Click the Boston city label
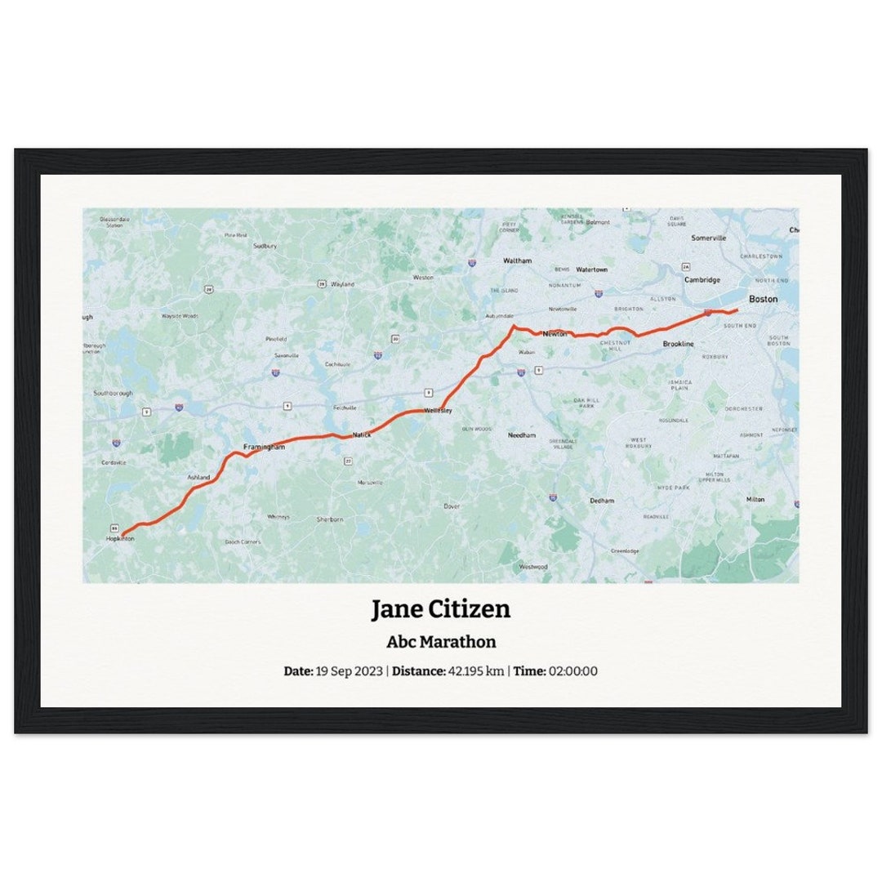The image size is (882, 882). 763,300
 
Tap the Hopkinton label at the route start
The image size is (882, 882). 120,539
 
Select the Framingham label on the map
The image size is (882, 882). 264,448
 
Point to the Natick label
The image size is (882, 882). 362,435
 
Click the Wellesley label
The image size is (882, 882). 438,410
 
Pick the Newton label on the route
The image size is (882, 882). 555,334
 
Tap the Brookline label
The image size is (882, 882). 678,345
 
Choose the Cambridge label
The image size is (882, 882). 702,279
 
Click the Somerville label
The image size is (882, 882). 708,238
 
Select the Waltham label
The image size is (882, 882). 517,261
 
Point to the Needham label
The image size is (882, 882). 521,436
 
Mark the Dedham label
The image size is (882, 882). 602,500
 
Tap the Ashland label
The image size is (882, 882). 198,477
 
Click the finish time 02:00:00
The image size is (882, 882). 573,671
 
